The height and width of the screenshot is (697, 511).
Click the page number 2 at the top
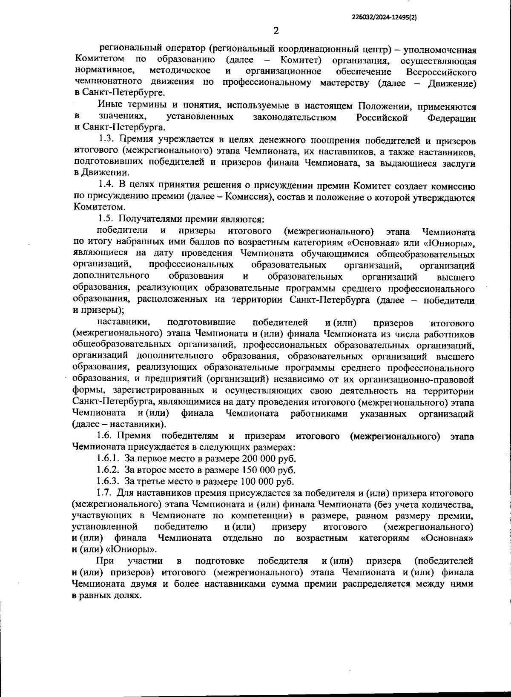click(276, 31)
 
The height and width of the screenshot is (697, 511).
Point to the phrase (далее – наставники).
click(119, 425)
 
